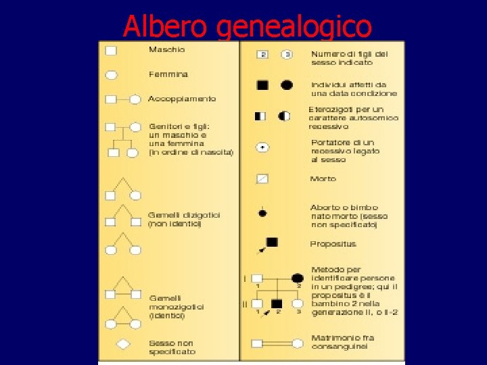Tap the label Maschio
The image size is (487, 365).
point(166,49)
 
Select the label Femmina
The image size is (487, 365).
point(168,74)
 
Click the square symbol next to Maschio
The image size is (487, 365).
point(111,50)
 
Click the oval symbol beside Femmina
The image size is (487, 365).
point(112,74)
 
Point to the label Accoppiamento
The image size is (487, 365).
point(182,98)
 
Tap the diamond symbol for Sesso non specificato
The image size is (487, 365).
point(122,344)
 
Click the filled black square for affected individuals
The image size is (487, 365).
point(262,84)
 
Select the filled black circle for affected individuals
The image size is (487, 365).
point(287,84)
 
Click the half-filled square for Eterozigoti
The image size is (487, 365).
point(261,116)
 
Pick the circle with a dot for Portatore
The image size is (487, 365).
point(262,147)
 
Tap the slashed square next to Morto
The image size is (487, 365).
point(262,179)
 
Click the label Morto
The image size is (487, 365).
point(323,179)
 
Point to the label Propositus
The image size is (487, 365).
point(333,244)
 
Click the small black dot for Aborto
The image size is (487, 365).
point(262,213)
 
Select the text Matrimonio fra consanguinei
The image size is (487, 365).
point(342,342)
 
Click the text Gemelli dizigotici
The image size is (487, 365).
point(184,219)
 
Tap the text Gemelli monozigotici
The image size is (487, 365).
point(176,306)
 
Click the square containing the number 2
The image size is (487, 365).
point(262,55)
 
